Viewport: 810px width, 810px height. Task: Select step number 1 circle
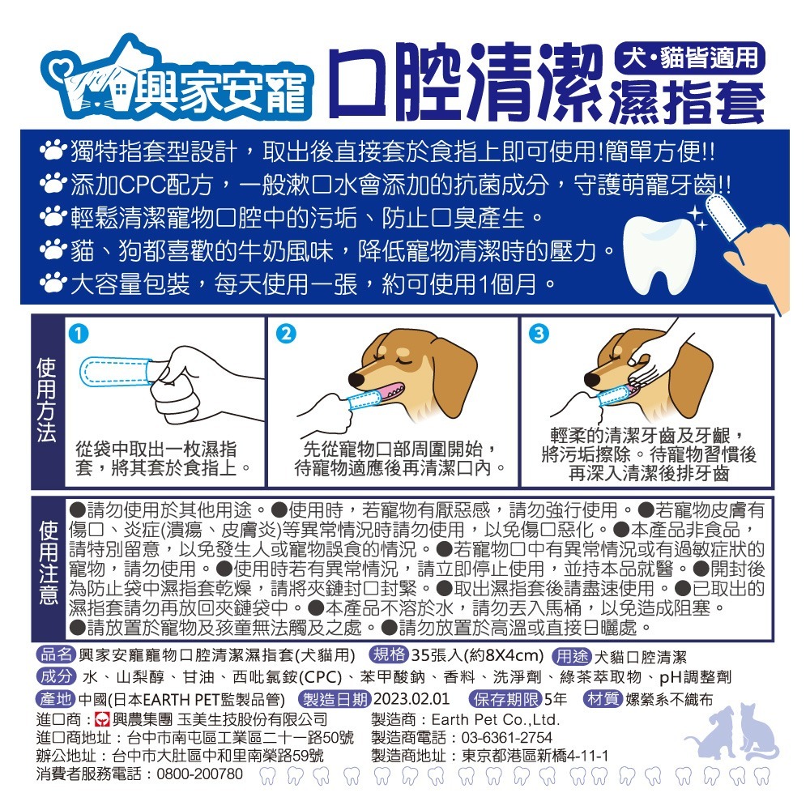coord(77,333)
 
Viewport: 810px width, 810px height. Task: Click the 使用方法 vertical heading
coord(46,401)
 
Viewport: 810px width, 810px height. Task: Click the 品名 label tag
coord(56,655)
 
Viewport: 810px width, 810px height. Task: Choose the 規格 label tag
coord(389,655)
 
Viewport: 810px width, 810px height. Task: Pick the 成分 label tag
coord(56,677)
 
